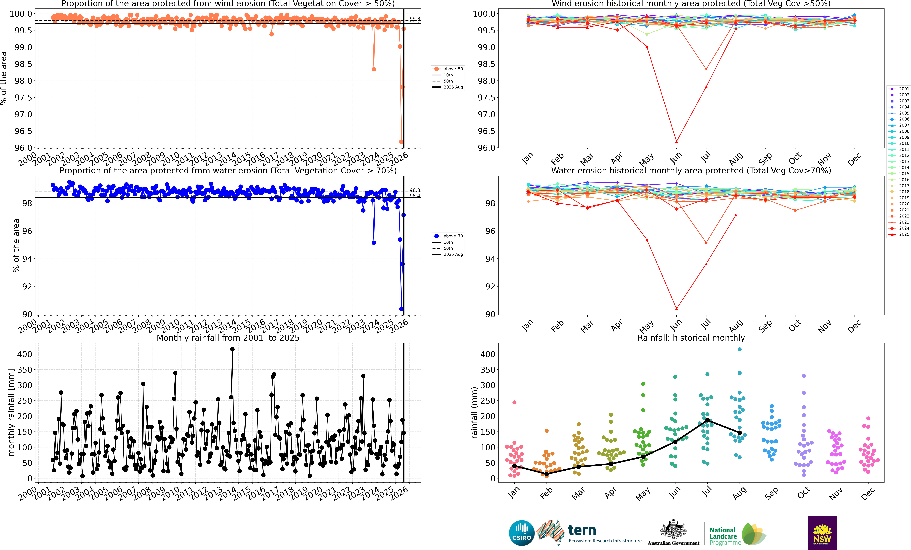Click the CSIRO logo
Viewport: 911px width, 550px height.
coord(522,533)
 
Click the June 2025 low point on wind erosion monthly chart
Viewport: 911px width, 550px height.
coord(677,142)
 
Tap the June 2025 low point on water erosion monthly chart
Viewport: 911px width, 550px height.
coord(677,309)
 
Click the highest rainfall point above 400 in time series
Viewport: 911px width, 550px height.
coord(232,349)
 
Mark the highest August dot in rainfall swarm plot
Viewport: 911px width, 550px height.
coord(739,349)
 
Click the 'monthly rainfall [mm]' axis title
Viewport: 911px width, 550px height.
coord(11,412)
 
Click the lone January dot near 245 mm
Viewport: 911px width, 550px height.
coord(514,402)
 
